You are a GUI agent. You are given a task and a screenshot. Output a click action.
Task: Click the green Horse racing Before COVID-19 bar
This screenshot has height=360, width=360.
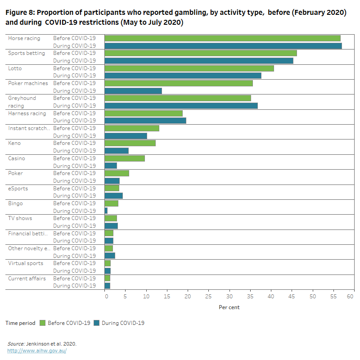(x=222, y=38)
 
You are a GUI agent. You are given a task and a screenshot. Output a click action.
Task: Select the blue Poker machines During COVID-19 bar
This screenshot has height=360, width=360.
(x=133, y=91)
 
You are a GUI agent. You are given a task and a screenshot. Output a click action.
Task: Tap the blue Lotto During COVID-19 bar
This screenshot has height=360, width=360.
(x=183, y=76)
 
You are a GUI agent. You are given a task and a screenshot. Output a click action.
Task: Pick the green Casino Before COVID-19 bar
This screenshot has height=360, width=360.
(x=125, y=158)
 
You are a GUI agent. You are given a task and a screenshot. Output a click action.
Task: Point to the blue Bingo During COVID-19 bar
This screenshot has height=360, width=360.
(x=106, y=211)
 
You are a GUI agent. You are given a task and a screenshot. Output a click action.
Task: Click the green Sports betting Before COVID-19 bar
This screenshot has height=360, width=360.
(x=201, y=53)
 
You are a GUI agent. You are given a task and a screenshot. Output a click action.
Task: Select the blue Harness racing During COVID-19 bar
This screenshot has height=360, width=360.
(x=145, y=121)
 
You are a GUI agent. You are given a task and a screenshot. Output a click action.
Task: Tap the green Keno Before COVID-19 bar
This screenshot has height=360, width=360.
(x=130, y=143)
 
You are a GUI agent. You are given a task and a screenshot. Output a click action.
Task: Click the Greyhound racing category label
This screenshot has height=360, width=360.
(x=22, y=102)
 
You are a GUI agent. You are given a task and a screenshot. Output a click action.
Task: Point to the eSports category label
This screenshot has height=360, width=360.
(x=18, y=189)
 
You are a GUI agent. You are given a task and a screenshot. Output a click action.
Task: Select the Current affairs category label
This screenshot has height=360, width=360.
(x=27, y=279)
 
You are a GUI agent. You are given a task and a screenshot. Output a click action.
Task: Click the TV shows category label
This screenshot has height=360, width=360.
(x=20, y=218)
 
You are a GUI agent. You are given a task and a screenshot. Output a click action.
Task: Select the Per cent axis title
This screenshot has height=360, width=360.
(x=229, y=307)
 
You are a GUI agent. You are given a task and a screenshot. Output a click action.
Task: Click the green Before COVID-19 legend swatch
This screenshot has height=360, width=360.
(x=43, y=323)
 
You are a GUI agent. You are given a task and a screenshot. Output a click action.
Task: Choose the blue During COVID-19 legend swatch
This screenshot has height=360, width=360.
(x=97, y=323)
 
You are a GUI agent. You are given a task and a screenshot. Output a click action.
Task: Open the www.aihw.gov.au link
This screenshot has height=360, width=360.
(x=37, y=351)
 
